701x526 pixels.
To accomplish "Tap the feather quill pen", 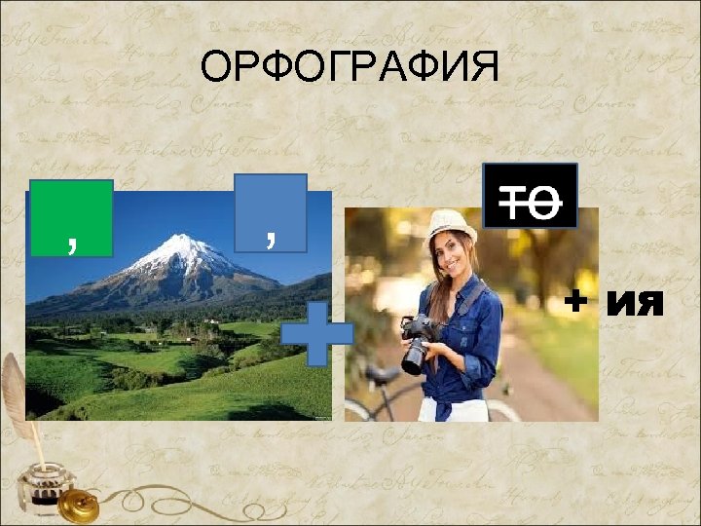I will [x=19, y=399].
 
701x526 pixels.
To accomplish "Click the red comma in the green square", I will [x=72, y=241].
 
